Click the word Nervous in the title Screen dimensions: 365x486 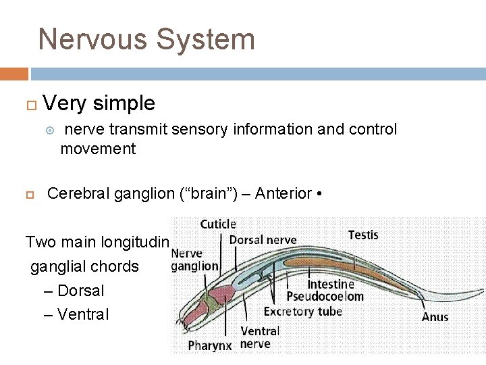[92, 39]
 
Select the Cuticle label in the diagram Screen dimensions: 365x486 [218, 224]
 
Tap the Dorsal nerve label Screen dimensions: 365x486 [263, 239]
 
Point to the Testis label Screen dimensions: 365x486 [363, 235]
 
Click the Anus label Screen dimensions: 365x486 [435, 316]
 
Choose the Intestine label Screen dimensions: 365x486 [331, 285]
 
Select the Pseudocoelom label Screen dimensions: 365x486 [325, 297]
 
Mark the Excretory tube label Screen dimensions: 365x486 [302, 312]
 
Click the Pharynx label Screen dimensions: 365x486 [209, 345]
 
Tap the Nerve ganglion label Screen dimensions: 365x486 [194, 260]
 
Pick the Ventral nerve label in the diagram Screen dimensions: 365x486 [260, 337]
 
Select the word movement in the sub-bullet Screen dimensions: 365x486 [98, 149]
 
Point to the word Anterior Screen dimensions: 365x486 [283, 194]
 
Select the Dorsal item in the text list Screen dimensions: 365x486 [80, 291]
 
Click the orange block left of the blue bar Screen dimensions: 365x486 [14, 74]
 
